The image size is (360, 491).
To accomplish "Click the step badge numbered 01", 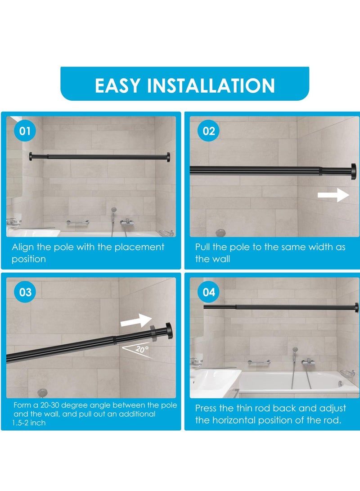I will tap(25, 131).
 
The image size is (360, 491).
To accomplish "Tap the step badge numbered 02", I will tap(209, 131).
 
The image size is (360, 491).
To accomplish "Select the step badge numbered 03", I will tap(25, 292).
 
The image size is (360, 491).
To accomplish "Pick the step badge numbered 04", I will tap(209, 292).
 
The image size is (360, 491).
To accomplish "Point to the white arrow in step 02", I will tap(333, 195).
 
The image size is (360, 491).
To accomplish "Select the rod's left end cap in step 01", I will tap(31, 157).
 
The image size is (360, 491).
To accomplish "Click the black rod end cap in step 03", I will tap(169, 331).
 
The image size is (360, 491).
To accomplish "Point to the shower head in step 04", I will tap(295, 350).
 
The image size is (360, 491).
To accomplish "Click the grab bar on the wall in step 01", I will tap(78, 222).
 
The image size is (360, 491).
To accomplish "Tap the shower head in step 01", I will tap(114, 210).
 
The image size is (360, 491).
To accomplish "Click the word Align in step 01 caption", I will tap(22, 247).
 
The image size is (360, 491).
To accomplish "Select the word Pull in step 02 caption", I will tap(203, 247).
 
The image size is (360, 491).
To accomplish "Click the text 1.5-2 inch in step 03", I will tap(29, 423).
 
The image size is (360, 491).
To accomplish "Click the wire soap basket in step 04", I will tap(347, 374).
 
